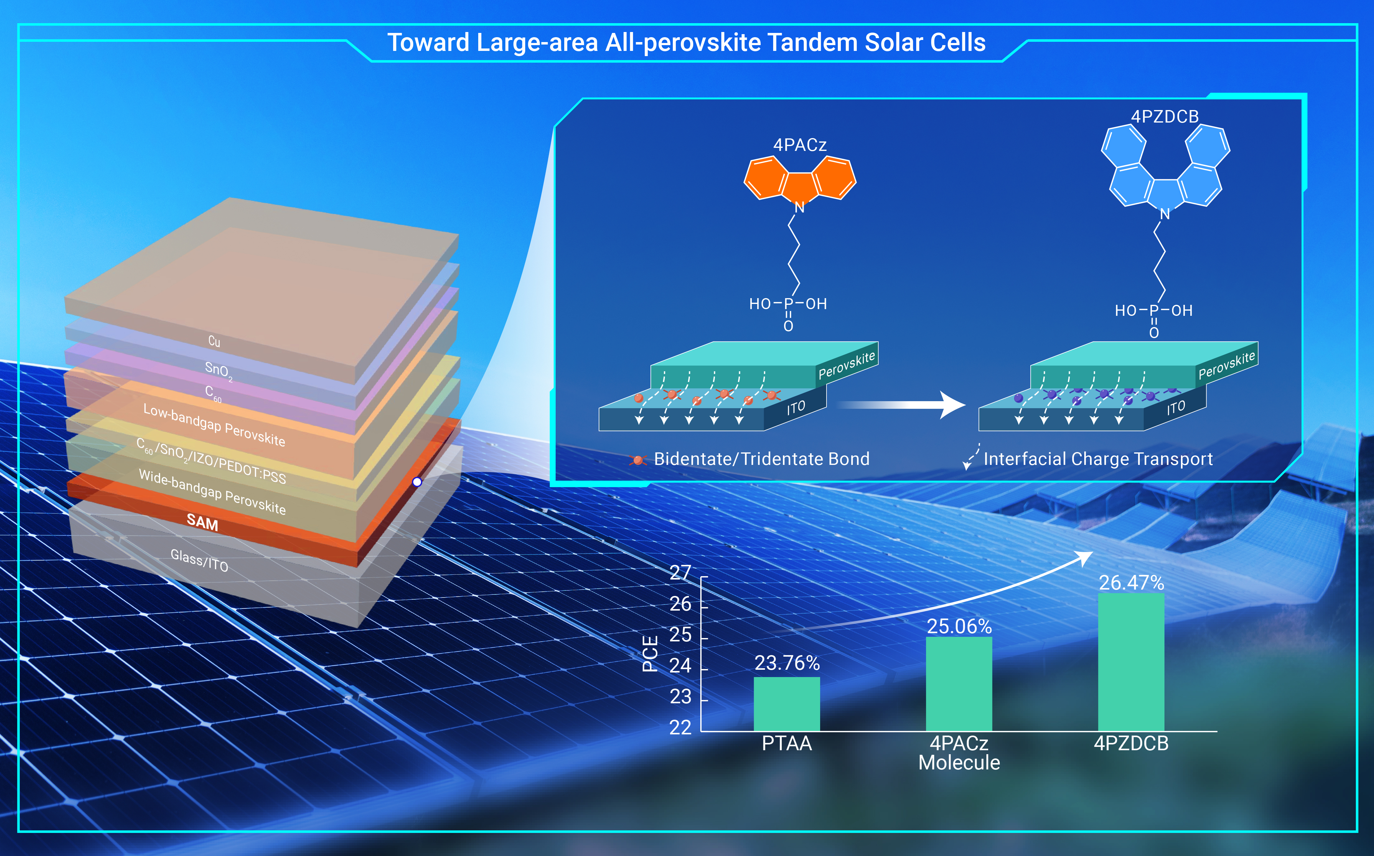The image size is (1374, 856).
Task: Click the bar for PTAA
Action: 787,704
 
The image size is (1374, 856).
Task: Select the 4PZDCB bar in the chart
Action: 1131,662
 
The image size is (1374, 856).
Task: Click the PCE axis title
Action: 650,654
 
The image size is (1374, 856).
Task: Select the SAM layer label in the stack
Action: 202,521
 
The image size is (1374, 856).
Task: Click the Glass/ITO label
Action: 199,561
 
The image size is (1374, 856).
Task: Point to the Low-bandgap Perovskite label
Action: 214,425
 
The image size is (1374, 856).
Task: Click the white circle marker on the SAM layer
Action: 417,482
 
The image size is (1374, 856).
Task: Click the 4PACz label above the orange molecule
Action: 800,145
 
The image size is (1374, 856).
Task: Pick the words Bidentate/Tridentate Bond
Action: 762,458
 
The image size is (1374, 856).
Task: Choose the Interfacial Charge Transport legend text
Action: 1098,458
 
